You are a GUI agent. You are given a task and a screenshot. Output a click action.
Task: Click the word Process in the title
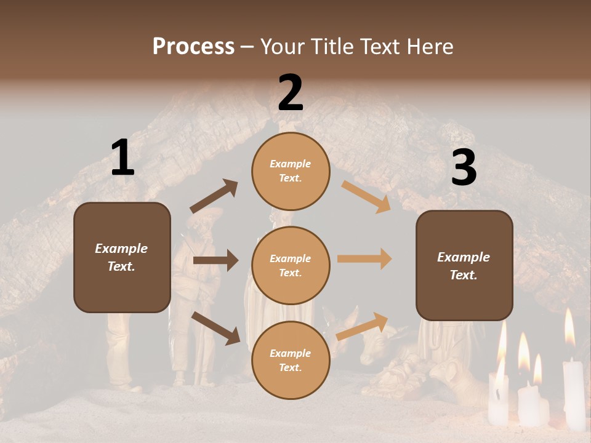click(193, 47)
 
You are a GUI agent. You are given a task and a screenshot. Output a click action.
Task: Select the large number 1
click(123, 158)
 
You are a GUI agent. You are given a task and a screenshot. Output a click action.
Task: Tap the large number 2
click(291, 93)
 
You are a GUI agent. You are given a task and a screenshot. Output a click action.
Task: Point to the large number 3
click(464, 167)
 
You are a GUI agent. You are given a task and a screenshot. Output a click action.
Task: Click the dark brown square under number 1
click(122, 257)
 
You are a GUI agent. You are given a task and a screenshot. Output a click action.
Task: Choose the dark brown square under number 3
click(464, 265)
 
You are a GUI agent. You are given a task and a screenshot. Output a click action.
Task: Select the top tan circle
click(291, 171)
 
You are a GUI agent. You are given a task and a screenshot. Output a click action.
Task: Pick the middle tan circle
click(291, 265)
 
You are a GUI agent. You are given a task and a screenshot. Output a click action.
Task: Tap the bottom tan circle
click(291, 360)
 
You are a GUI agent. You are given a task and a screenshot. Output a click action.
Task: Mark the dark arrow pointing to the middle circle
click(215, 260)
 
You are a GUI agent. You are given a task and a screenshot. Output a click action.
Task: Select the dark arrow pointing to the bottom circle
click(215, 328)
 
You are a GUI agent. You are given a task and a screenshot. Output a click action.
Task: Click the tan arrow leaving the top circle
click(366, 196)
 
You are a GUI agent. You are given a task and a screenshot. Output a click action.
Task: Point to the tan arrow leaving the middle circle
click(364, 259)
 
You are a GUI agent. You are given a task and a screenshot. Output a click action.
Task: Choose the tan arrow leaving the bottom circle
click(363, 326)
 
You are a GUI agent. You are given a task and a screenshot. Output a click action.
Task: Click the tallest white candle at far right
click(573, 394)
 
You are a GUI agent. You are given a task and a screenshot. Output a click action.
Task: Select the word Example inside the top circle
click(291, 164)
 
